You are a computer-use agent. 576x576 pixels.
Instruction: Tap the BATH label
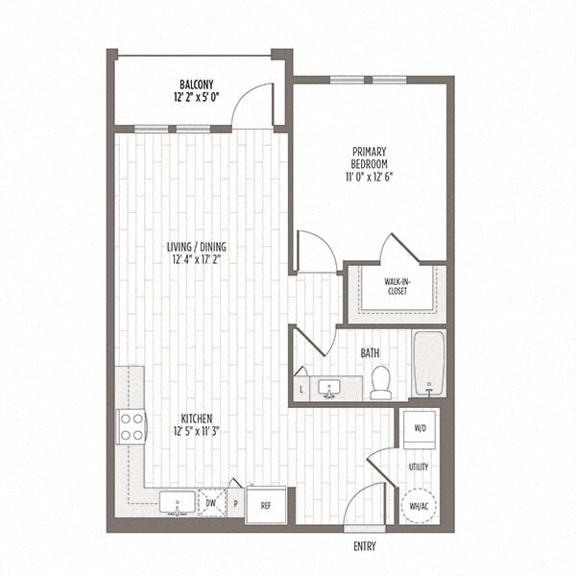coord(370,353)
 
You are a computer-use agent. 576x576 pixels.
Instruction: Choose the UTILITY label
coord(419,468)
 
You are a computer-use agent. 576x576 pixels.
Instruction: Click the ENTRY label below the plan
coord(364,547)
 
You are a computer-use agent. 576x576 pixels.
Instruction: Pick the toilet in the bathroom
coord(381,382)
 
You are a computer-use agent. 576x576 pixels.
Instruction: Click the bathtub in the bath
coord(428,364)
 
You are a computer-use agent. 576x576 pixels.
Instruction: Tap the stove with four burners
coord(131,426)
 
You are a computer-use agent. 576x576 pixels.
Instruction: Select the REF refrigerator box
coord(264,505)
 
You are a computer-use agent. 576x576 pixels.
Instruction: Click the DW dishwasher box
coord(211,503)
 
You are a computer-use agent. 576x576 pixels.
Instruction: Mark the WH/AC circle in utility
coord(420,502)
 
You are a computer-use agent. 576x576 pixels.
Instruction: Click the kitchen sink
coord(177,502)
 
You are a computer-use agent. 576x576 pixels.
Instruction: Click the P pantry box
coord(234,503)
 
